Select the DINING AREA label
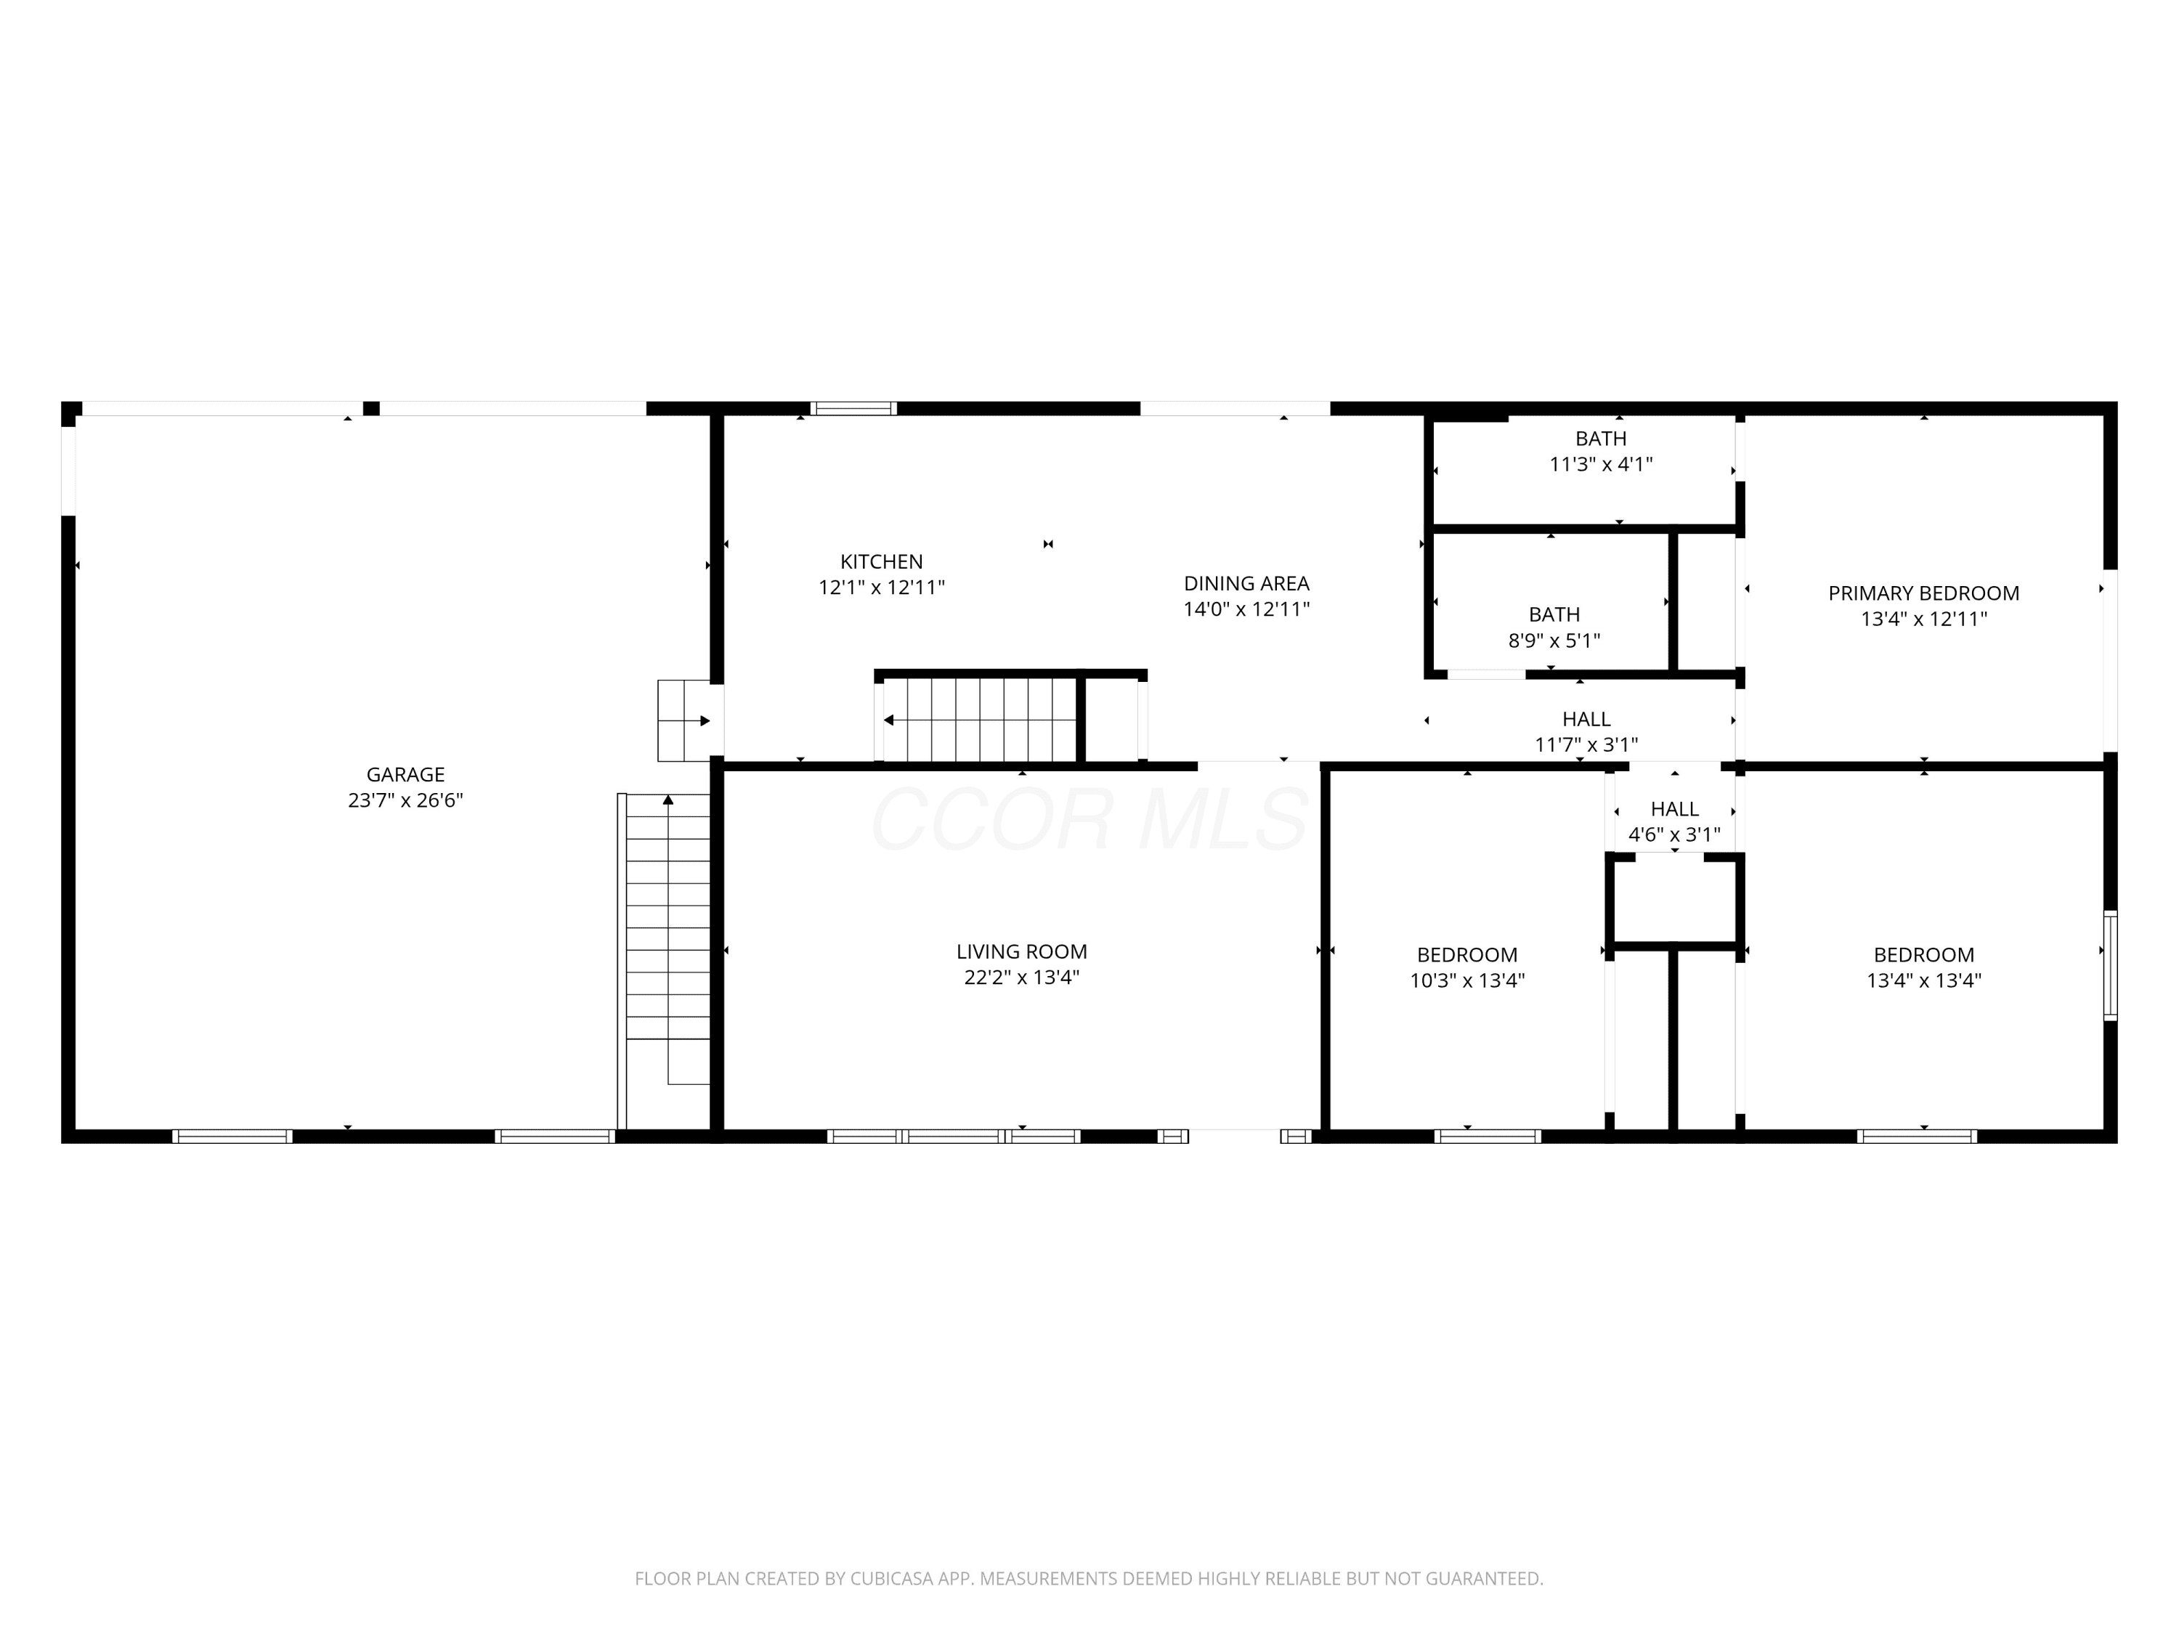[1246, 583]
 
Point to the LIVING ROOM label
[1021, 951]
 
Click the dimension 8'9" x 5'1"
[1554, 641]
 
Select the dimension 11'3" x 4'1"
[1601, 464]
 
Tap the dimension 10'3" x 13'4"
[1466, 980]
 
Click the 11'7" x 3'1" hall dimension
[1586, 744]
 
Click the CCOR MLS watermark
[1089, 818]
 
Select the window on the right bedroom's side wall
[2110, 965]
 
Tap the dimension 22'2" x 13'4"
[1021, 977]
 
